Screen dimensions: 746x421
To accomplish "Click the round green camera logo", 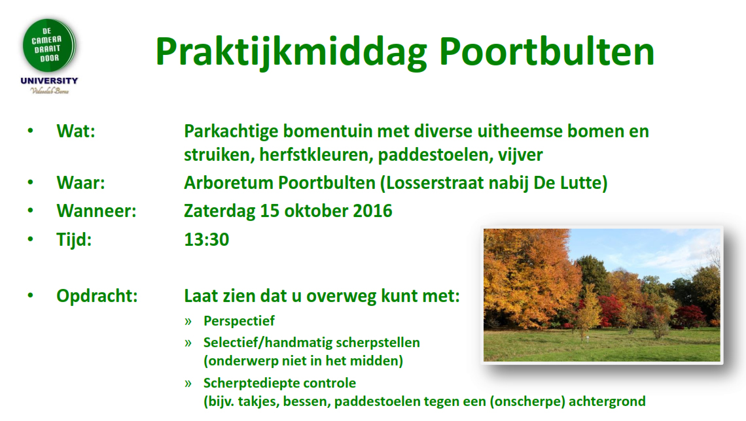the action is [x=49, y=46].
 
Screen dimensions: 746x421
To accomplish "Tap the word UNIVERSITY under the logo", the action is [x=49, y=81].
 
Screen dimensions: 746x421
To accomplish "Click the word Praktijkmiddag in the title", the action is [x=291, y=52].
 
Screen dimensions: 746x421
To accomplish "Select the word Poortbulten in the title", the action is [x=546, y=52].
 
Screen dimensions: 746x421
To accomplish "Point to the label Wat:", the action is [x=76, y=131].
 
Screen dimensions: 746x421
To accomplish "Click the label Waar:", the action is [x=80, y=183].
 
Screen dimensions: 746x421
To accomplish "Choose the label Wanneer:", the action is [x=96, y=211].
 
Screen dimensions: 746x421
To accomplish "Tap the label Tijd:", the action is [x=74, y=239].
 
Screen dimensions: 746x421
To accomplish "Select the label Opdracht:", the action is [x=97, y=296].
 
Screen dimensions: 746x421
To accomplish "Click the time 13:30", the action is [x=207, y=239].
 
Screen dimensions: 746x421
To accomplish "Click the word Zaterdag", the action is [x=219, y=211].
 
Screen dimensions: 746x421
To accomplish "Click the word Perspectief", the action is [x=240, y=321].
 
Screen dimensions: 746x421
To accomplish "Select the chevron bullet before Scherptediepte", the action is [x=188, y=384].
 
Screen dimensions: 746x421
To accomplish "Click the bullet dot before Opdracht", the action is [x=31, y=295].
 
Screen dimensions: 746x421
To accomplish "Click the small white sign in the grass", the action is [x=588, y=338].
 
